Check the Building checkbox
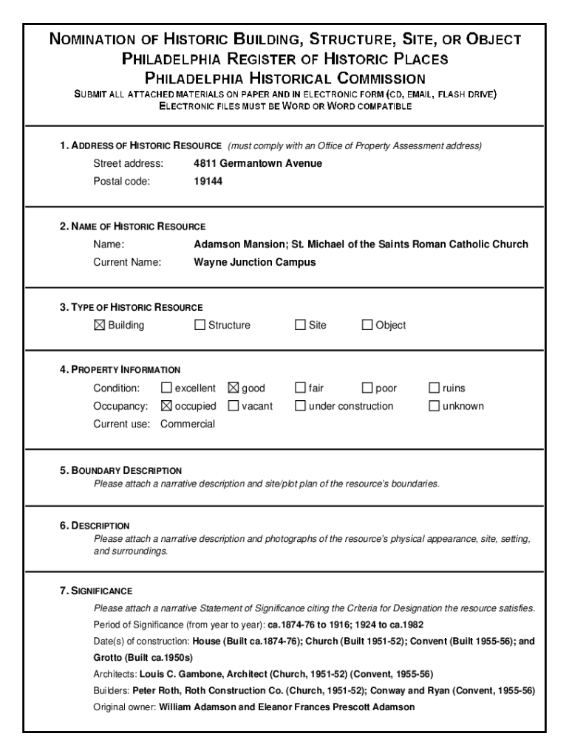pyautogui.click(x=100, y=325)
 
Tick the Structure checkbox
pyautogui.click(x=200, y=325)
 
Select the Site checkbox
pyautogui.click(x=300, y=325)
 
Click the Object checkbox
pyautogui.click(x=367, y=325)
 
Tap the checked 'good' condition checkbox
pyautogui.click(x=233, y=388)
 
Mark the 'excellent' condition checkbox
pyautogui.click(x=166, y=388)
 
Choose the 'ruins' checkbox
pyautogui.click(x=435, y=388)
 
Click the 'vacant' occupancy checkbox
pyautogui.click(x=233, y=405)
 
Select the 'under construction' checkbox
pyautogui.click(x=300, y=405)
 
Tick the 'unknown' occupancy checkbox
pyautogui.click(x=435, y=405)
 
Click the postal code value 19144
pyautogui.click(x=208, y=181)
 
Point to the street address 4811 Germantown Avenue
pyautogui.click(x=257, y=163)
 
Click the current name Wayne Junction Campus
pyautogui.click(x=254, y=262)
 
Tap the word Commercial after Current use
pyautogui.click(x=188, y=424)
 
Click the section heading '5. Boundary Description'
pyautogui.click(x=121, y=470)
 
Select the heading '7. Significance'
pyautogui.click(x=96, y=591)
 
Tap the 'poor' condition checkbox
pyautogui.click(x=367, y=388)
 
